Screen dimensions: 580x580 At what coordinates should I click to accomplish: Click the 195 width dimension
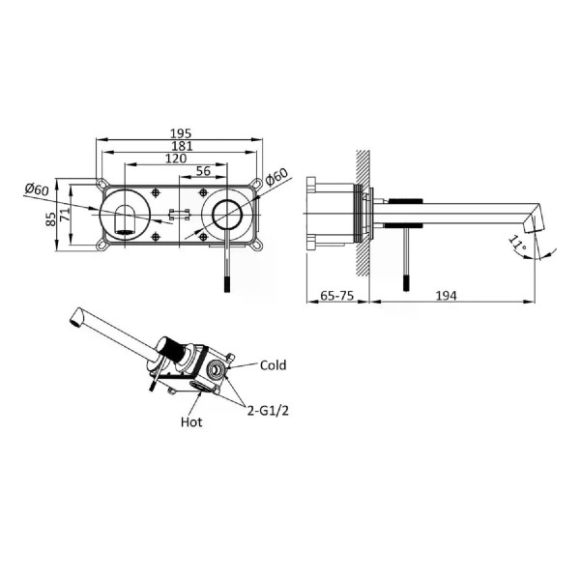coord(181,133)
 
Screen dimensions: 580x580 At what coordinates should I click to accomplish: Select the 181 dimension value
coord(182,146)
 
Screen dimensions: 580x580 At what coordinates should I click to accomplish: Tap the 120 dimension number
coord(176,159)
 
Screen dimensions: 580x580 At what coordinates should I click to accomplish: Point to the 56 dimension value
coord(203,170)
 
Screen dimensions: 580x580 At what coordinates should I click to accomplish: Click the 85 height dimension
coord(50,218)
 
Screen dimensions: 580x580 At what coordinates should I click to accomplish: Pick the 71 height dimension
coord(65,215)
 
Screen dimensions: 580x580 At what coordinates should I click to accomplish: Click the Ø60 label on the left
coord(37,189)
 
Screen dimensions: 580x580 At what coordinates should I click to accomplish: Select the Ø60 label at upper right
coord(276,177)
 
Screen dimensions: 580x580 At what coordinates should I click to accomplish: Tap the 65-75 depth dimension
coord(337,296)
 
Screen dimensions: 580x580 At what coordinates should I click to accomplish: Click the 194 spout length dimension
coord(446,296)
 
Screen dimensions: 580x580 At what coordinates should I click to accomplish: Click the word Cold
coord(273,365)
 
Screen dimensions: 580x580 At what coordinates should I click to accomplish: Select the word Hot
coord(191,422)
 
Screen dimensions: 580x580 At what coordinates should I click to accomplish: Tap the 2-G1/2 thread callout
coord(268,411)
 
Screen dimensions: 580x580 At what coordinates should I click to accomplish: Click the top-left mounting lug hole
coord(101,183)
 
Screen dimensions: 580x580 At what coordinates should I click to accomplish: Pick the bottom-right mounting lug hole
coord(257,246)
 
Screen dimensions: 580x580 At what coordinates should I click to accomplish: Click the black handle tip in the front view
coord(227,283)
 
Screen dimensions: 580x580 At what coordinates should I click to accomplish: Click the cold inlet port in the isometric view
coord(216,369)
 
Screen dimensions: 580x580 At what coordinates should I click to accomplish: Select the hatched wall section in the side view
coord(362,213)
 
